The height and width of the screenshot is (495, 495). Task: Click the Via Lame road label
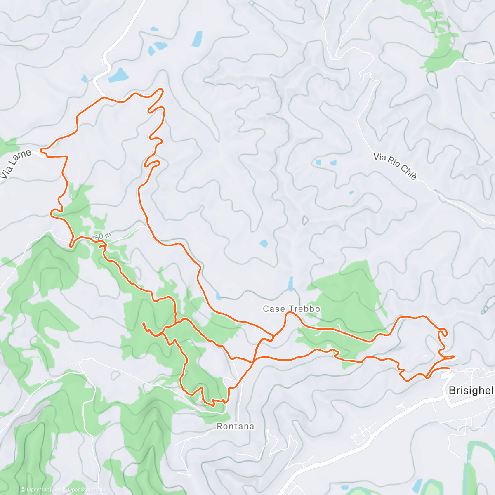[x=15, y=164]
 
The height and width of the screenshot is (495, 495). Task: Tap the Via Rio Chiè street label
[x=395, y=166]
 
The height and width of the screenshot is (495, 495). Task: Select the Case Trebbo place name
[x=291, y=309]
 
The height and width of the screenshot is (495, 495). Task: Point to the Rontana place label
[x=236, y=427]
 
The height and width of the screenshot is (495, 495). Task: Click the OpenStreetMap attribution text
[x=87, y=490]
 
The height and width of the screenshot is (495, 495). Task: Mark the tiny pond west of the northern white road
[x=85, y=78]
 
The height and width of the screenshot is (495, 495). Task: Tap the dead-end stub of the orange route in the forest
[x=144, y=325]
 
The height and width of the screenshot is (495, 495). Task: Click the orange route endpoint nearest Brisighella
[x=449, y=368]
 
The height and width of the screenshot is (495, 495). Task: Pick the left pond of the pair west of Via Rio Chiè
[x=318, y=163]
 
